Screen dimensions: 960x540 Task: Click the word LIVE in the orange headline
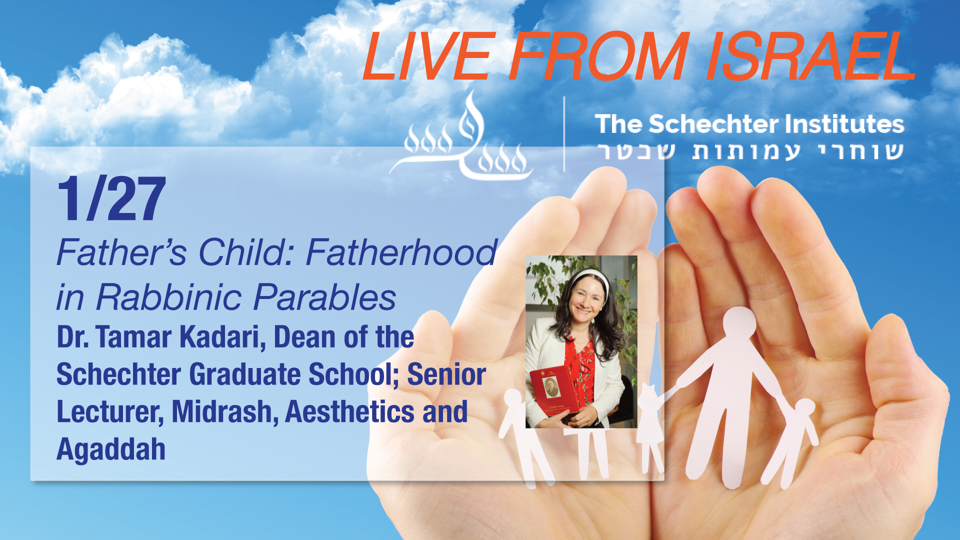click(428, 56)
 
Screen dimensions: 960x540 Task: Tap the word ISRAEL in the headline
click(810, 56)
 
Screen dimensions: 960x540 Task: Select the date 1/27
click(111, 198)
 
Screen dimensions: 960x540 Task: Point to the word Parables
click(325, 297)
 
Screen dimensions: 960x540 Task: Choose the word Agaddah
click(111, 448)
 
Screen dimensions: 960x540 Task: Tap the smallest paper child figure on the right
click(792, 440)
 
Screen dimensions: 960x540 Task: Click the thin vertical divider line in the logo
click(564, 134)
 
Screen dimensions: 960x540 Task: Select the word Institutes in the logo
click(844, 124)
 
